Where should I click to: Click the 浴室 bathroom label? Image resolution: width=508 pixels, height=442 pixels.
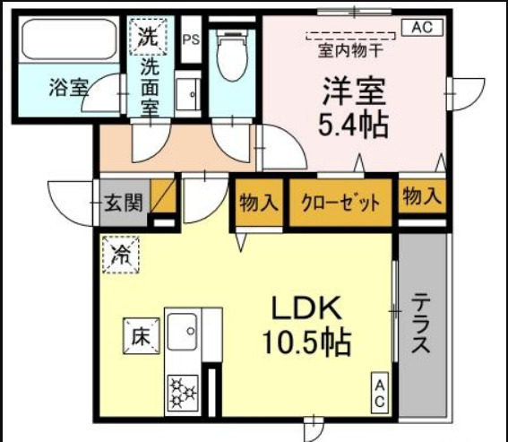pyautogui.click(x=68, y=89)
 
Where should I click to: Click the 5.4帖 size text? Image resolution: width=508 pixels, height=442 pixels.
pyautogui.click(x=354, y=124)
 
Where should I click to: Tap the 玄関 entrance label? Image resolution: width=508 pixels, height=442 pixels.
pyautogui.click(x=122, y=203)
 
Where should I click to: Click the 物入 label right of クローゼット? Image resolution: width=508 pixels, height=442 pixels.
pyautogui.click(x=421, y=198)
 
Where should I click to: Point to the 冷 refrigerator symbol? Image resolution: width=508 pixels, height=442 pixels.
pyautogui.click(x=120, y=252)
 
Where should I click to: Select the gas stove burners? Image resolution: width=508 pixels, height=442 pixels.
pyautogui.click(x=183, y=392)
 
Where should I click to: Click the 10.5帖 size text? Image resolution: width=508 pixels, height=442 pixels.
pyautogui.click(x=306, y=341)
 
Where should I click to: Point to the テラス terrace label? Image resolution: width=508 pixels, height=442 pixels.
pyautogui.click(x=422, y=325)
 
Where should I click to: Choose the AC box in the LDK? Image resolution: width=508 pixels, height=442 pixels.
pyautogui.click(x=380, y=394)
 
